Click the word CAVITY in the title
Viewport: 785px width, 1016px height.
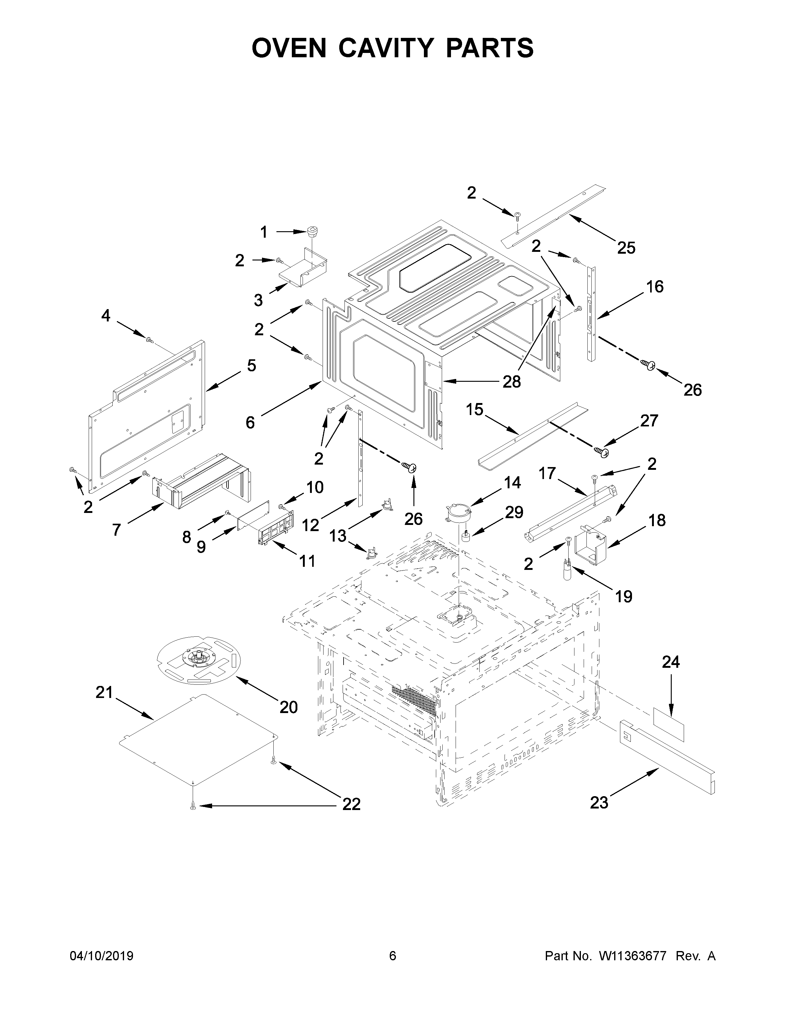[392, 48]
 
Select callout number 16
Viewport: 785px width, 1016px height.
[655, 287]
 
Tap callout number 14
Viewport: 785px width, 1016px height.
[512, 482]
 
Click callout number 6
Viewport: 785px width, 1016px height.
[250, 422]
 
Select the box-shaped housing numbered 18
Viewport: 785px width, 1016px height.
[591, 545]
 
